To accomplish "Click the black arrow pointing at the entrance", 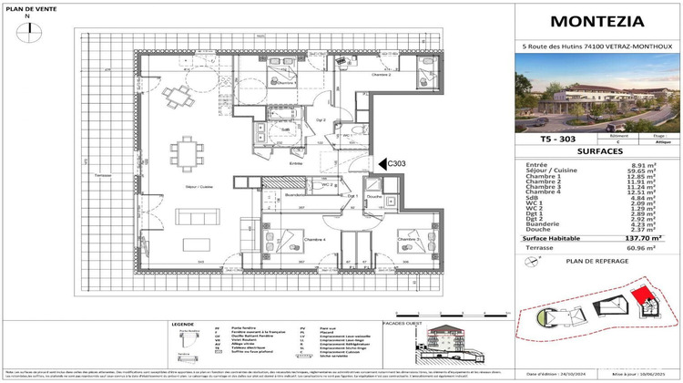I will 382,164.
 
